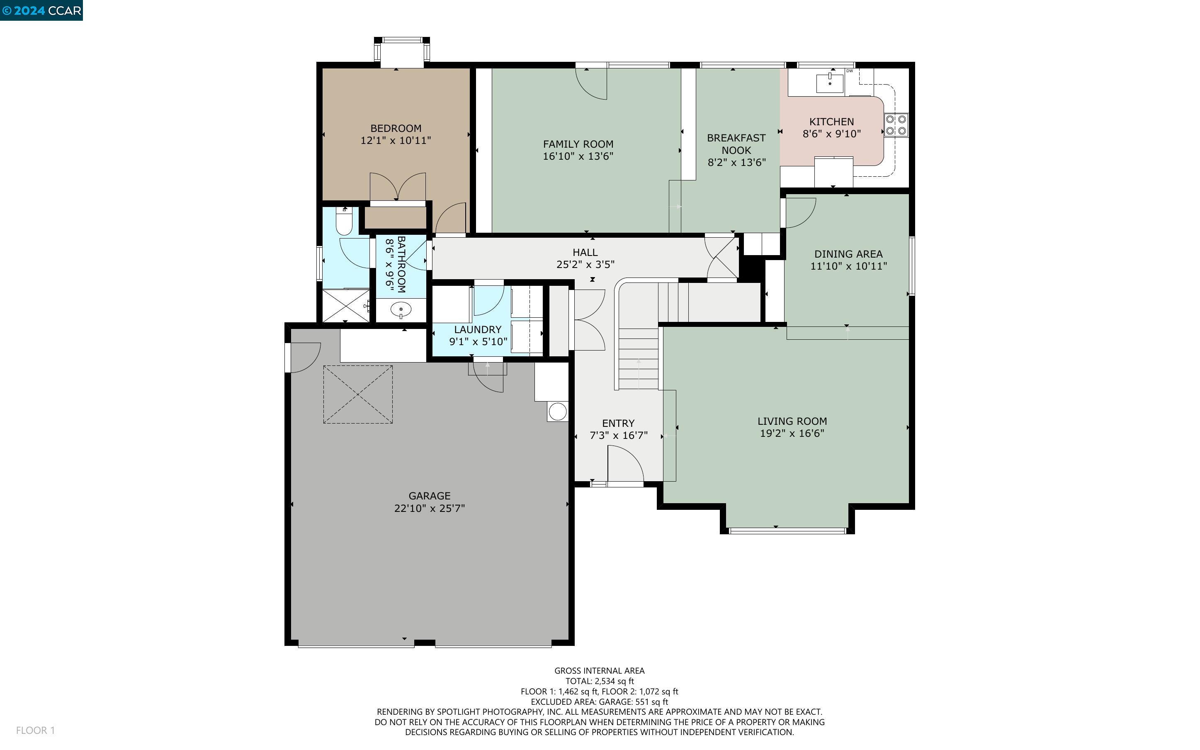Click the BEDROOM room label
pos(396,128)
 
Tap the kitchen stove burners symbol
pos(896,125)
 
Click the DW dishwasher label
pos(850,71)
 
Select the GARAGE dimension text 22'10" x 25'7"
pos(429,508)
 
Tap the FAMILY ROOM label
pos(578,144)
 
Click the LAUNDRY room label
pos(478,329)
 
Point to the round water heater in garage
pos(558,412)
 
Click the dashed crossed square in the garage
pos(358,394)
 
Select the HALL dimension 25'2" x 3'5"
pos(585,264)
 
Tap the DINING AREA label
pos(848,254)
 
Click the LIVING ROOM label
pos(792,421)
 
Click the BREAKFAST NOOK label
pos(736,144)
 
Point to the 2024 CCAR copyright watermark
pos(41,10)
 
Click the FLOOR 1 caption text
pos(35,730)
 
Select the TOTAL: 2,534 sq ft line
pos(599,681)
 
